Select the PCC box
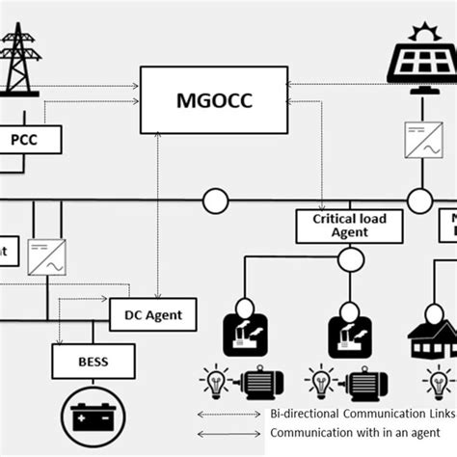coord(31,141)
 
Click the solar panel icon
coord(421,62)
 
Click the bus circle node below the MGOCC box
coord(214,201)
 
